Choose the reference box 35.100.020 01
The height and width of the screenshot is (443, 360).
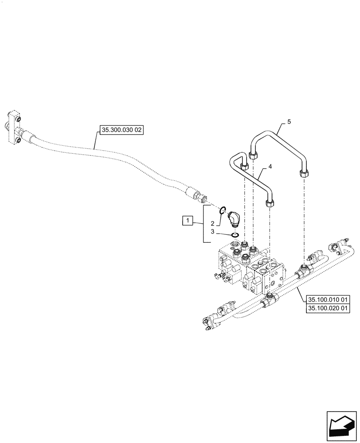tap(328, 308)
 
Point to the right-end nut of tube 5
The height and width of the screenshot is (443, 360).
tap(304, 173)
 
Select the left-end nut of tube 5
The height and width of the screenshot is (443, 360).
tap(254, 155)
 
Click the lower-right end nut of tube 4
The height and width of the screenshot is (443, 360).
tap(269, 203)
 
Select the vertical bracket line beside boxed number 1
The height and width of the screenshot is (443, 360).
tap(203, 224)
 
